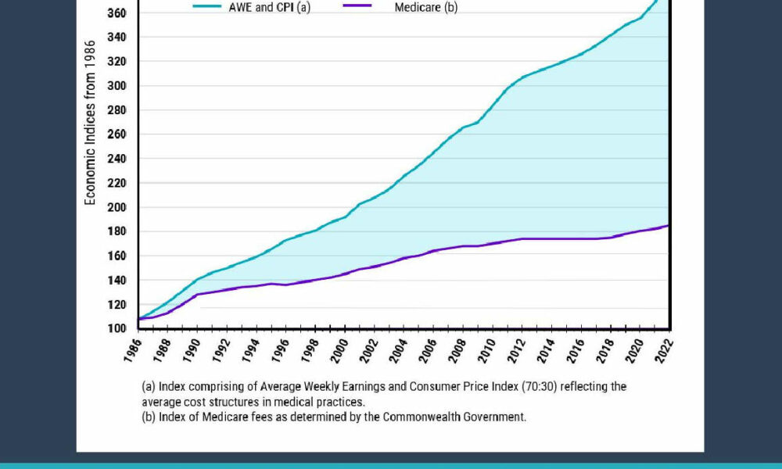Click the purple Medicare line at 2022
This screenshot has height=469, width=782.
[x=669, y=225]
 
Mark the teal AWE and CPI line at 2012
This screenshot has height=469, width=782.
[x=522, y=77]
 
